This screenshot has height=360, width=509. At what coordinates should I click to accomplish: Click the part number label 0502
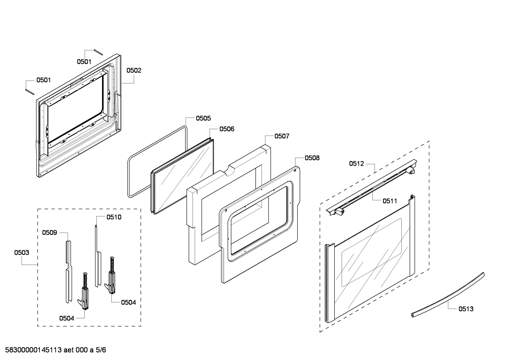134,70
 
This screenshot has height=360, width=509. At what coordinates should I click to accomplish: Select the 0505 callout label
203,118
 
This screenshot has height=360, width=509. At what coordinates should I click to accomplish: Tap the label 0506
227,129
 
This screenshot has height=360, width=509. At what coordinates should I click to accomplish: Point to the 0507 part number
282,136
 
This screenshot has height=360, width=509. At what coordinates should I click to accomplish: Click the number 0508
312,158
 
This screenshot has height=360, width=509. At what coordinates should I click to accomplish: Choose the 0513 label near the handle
466,309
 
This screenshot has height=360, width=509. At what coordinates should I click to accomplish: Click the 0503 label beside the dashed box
22,253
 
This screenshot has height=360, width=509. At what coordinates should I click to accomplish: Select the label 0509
49,232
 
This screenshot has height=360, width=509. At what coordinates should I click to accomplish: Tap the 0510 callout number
114,217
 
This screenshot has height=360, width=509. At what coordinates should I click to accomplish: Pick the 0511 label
390,201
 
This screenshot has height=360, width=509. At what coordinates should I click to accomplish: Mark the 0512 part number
357,163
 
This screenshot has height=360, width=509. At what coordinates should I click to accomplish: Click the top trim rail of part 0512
371,187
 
